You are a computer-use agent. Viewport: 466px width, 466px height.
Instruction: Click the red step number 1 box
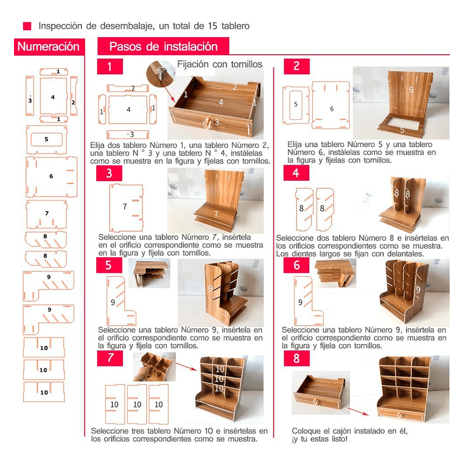pyautogui.click(x=110, y=67)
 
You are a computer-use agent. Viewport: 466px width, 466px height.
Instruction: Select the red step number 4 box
pyautogui.click(x=296, y=173)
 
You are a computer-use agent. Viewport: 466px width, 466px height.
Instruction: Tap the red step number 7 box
pyautogui.click(x=110, y=358)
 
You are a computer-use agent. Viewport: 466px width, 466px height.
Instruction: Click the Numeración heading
pyautogui.click(x=48, y=47)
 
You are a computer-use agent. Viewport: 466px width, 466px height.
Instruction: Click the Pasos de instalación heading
pyautogui.click(x=163, y=47)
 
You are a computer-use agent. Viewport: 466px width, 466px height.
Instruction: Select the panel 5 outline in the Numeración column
pyautogui.click(x=47, y=139)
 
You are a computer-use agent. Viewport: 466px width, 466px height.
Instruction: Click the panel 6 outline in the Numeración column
pyautogui.click(x=51, y=177)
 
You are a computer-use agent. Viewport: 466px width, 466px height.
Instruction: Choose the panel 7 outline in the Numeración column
pyautogui.click(x=47, y=213)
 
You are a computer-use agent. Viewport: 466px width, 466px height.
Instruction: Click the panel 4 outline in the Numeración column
pyautogui.click(x=53, y=97)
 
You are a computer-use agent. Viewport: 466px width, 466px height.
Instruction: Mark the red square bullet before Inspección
pyautogui.click(x=27, y=26)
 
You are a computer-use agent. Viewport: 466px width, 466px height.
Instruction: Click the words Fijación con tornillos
pyautogui.click(x=219, y=64)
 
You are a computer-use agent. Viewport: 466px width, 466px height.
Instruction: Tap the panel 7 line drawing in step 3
pyautogui.click(x=126, y=206)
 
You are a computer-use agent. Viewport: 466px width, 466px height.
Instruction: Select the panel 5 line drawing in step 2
pyautogui.click(x=296, y=105)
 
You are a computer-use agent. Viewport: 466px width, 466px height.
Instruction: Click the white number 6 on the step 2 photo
pyautogui.click(x=411, y=90)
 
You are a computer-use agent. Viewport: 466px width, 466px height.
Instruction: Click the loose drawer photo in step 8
pyautogui.click(x=321, y=391)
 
